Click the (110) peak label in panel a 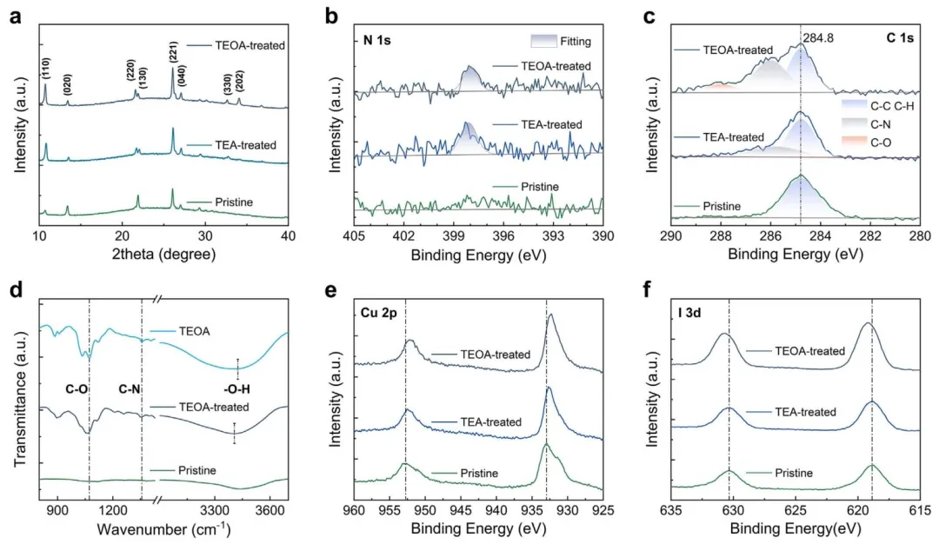(x=45, y=64)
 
